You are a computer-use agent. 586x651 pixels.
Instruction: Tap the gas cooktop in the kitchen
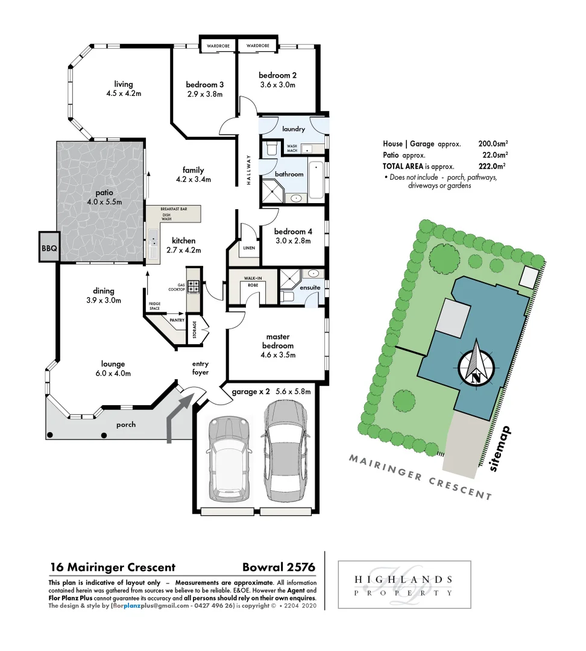[194, 286]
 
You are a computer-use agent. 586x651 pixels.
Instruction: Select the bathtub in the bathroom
[316, 180]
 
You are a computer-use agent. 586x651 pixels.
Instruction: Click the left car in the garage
[227, 460]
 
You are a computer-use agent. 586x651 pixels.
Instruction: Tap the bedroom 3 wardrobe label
[216, 46]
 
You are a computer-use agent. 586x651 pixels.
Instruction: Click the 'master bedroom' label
[278, 341]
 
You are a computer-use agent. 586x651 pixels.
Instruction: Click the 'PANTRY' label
[177, 321]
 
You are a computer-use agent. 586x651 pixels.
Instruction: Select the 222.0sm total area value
[492, 166]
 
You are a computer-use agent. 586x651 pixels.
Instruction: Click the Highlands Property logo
[404, 586]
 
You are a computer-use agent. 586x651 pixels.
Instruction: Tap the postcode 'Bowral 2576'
[279, 567]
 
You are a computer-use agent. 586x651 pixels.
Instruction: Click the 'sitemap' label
[500, 449]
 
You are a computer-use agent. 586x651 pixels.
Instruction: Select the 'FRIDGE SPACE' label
[154, 306]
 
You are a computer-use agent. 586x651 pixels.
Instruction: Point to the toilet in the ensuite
[288, 297]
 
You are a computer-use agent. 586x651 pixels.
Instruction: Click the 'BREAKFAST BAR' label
[174, 209]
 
